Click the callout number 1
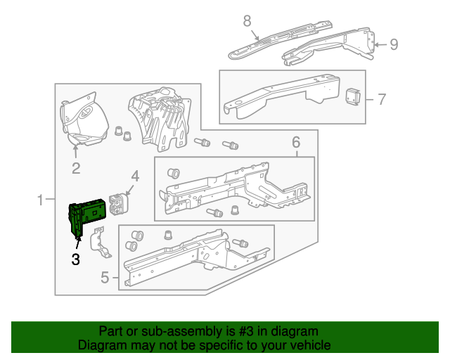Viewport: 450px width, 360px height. (x=40, y=200)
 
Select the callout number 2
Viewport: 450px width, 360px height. (x=76, y=168)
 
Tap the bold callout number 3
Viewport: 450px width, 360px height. (x=76, y=259)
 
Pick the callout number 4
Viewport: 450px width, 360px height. (x=135, y=176)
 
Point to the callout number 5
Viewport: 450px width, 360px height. (x=105, y=277)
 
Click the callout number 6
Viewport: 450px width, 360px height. (x=296, y=142)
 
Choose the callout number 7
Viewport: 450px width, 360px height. (x=382, y=99)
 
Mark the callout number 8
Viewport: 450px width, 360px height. (x=247, y=20)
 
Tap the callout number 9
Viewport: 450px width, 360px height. (x=394, y=44)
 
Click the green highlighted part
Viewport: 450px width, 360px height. (x=86, y=214)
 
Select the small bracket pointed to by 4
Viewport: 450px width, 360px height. (x=119, y=204)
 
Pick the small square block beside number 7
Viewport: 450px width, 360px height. (x=353, y=97)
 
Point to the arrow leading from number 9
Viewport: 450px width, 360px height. (x=381, y=45)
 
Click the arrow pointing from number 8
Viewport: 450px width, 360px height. (x=255, y=34)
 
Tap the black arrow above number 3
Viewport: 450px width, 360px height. (x=78, y=243)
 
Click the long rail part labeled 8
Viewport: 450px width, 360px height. (x=280, y=39)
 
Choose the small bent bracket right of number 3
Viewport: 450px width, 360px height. (x=101, y=242)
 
